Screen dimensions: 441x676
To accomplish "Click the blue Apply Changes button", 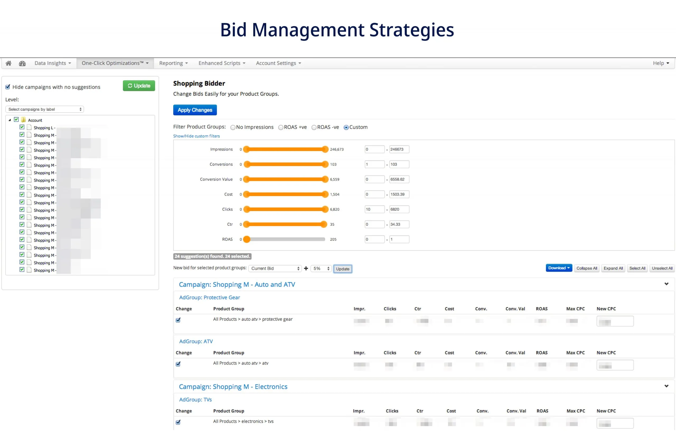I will point(195,110).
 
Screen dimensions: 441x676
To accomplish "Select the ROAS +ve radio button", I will point(281,127).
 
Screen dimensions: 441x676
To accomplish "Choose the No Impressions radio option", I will point(233,127).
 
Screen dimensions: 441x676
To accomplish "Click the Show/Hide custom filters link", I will point(196,136).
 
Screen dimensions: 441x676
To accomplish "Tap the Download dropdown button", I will point(558,268).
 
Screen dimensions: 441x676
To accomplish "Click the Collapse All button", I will point(586,268).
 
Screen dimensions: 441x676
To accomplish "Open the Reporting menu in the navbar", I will point(173,63).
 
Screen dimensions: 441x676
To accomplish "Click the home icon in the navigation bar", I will point(8,63).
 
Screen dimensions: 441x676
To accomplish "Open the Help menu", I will point(661,63).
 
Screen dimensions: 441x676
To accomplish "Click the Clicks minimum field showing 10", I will point(374,209).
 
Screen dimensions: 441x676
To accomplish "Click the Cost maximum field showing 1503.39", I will point(399,194).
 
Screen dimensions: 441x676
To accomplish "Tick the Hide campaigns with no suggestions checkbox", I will point(8,87).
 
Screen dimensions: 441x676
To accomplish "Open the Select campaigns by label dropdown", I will point(45,109).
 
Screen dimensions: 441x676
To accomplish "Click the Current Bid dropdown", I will point(275,268).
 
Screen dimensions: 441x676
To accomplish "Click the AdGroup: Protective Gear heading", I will point(209,297).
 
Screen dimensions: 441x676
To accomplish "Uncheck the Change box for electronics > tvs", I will point(178,422).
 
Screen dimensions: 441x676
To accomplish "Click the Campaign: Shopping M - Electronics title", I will point(233,387).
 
